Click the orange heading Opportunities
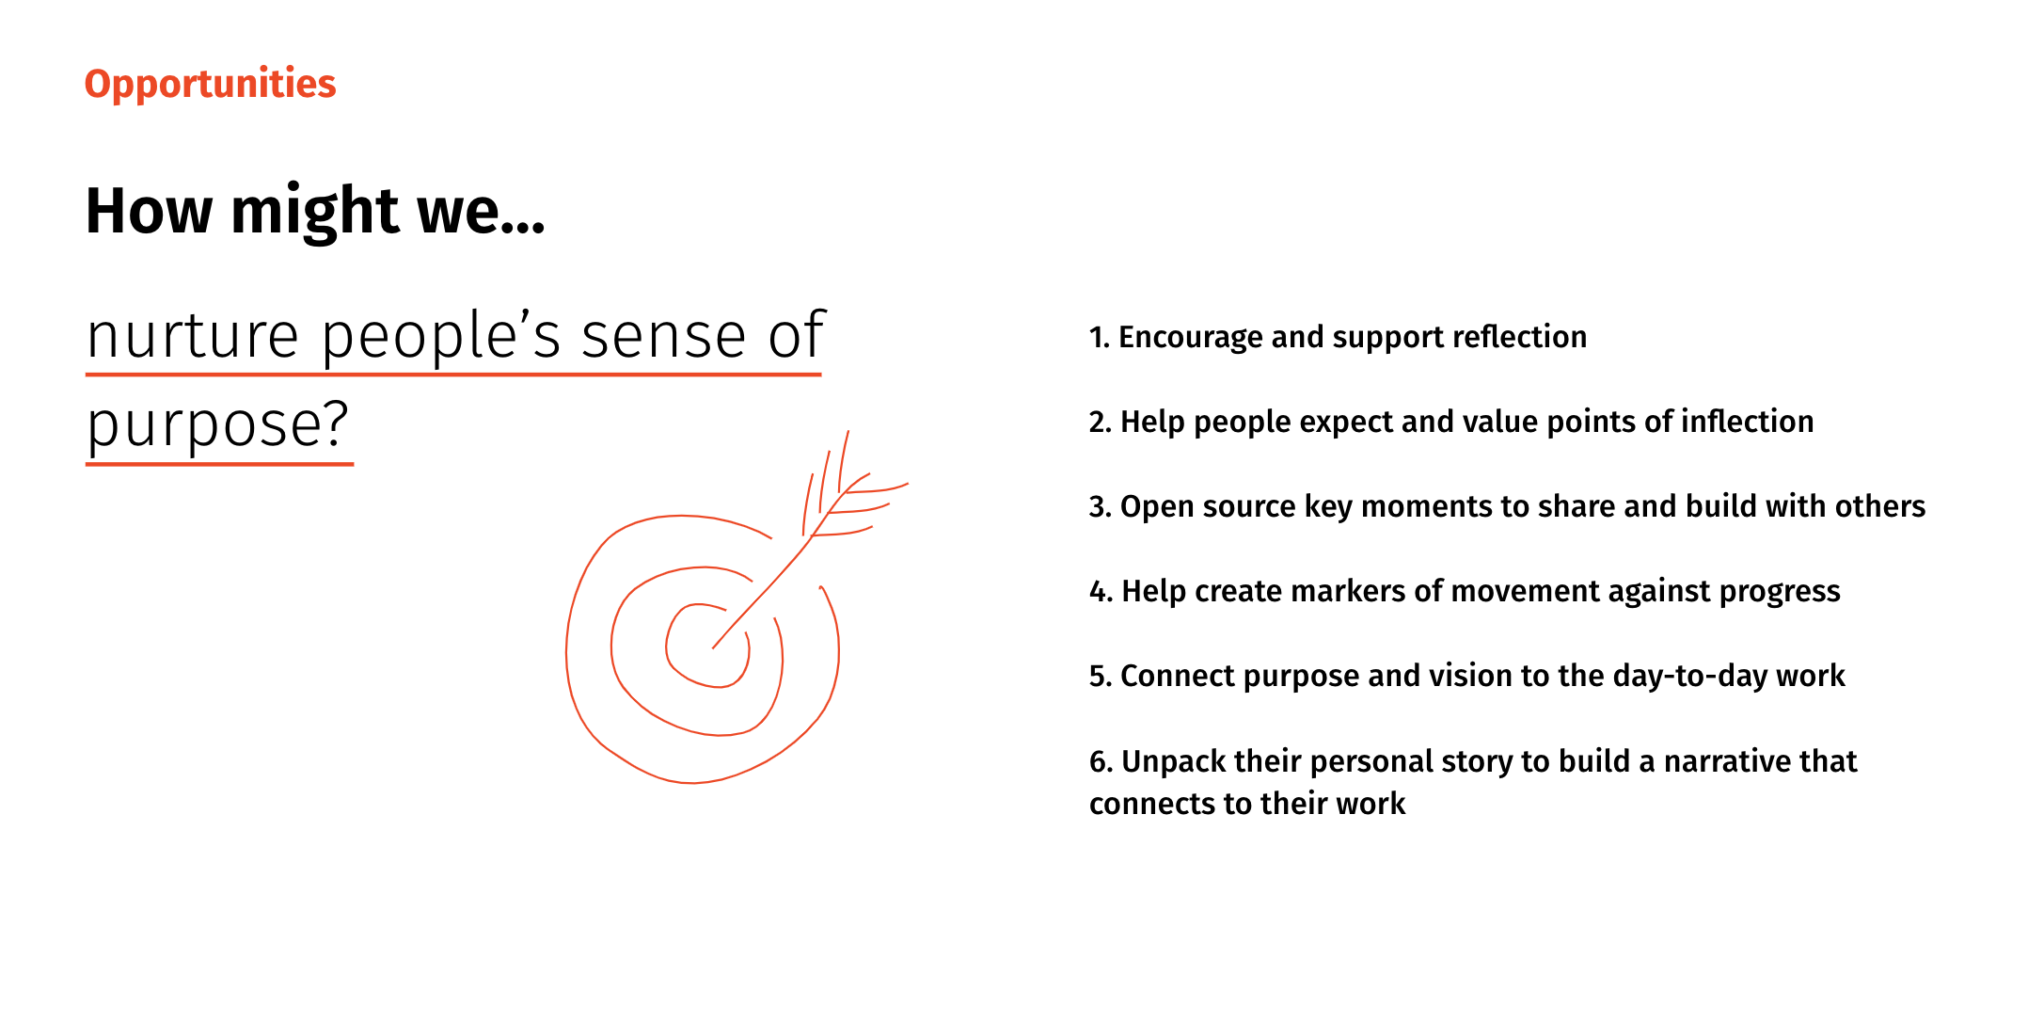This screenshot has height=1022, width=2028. click(x=210, y=85)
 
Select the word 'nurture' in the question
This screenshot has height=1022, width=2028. click(x=193, y=337)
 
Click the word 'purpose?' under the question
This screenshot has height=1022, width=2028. click(x=218, y=425)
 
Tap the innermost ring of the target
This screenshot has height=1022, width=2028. click(x=707, y=647)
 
